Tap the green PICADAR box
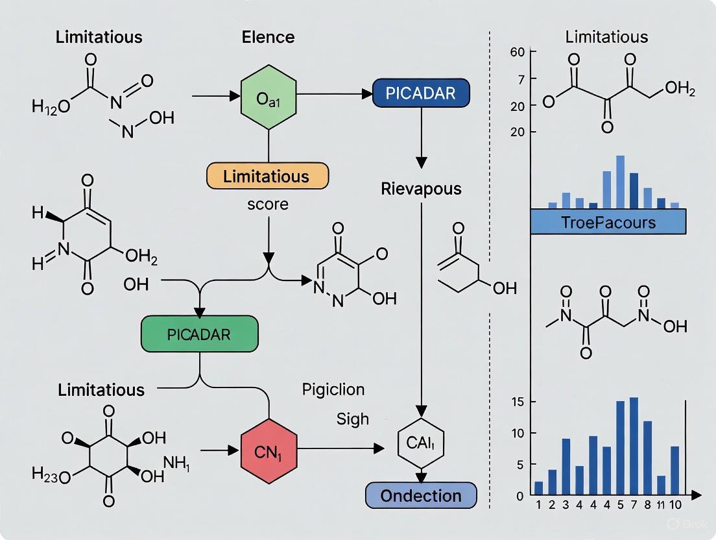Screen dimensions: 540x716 (x=199, y=335)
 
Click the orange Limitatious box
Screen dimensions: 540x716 (x=267, y=176)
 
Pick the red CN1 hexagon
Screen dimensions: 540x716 (x=268, y=448)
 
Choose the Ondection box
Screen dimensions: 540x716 (x=420, y=496)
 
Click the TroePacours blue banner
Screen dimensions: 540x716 (x=608, y=222)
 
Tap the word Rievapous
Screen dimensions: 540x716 (x=421, y=189)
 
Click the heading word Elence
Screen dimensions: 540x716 (x=268, y=37)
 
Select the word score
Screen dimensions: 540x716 (x=267, y=204)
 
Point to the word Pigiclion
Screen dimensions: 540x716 (x=333, y=389)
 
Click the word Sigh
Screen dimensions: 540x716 (x=352, y=419)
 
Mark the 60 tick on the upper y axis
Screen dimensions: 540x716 (x=518, y=52)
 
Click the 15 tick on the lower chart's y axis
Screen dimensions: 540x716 (x=517, y=401)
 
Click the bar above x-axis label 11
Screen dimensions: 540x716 (x=661, y=485)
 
